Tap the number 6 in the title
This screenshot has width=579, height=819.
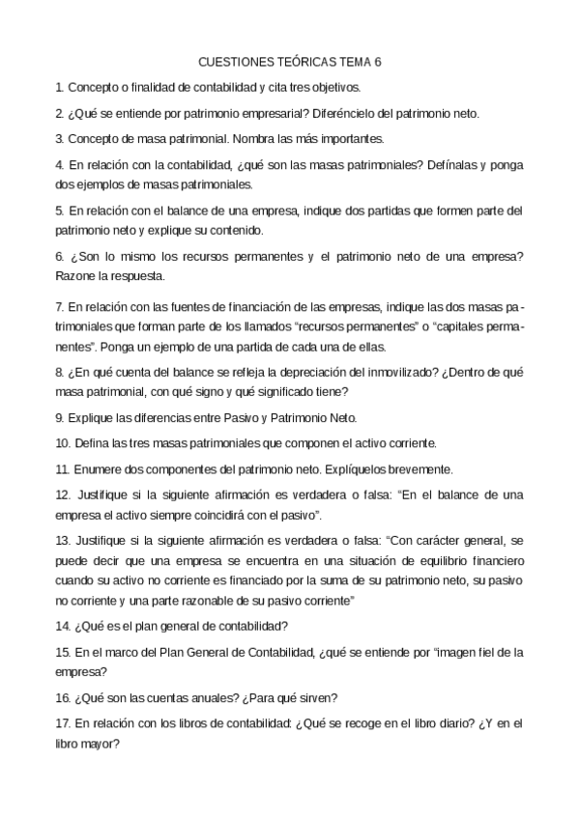click(x=378, y=61)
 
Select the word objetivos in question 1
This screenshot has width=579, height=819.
click(x=360, y=87)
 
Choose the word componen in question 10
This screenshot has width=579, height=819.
click(x=295, y=443)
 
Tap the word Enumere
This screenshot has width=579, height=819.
click(x=91, y=469)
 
